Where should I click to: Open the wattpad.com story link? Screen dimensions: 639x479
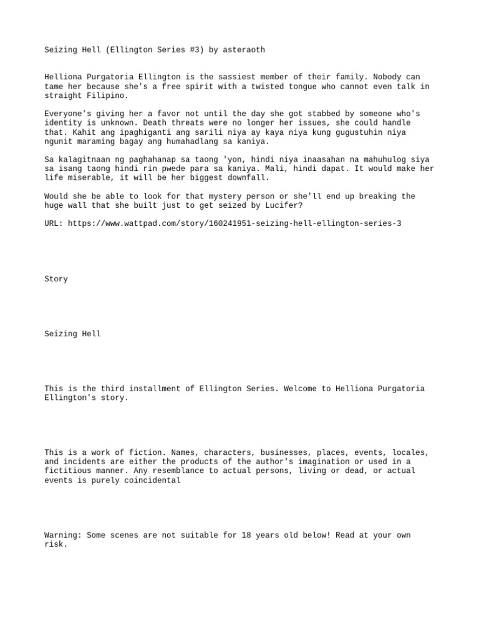(x=235, y=223)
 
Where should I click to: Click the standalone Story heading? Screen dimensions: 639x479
(x=56, y=279)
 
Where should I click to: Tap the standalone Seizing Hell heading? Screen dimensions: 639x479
(x=72, y=334)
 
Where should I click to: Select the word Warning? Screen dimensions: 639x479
(x=63, y=535)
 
